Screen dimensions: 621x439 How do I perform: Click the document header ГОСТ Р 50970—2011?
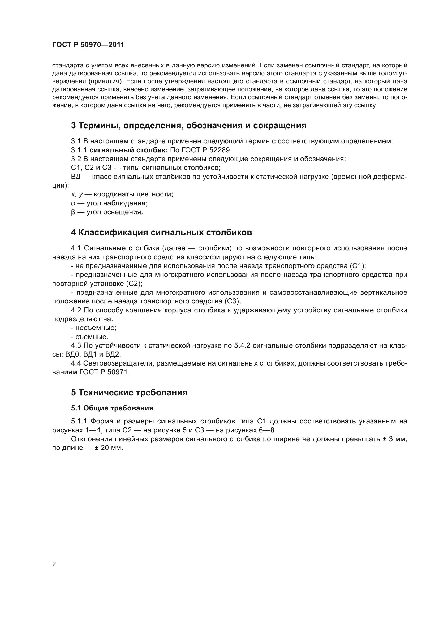point(88,45)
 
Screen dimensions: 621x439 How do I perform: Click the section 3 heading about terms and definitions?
point(188,126)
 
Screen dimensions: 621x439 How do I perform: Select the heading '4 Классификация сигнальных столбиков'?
point(161,232)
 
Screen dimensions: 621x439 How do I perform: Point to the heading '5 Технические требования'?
point(129,392)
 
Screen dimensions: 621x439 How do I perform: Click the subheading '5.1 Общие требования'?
point(112,408)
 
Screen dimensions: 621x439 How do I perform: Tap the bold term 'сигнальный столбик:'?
point(128,150)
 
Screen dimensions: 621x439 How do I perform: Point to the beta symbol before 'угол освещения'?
point(73,212)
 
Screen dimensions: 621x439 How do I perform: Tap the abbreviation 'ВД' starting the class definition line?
point(76,177)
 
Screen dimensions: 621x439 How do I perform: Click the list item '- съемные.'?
point(89,337)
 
